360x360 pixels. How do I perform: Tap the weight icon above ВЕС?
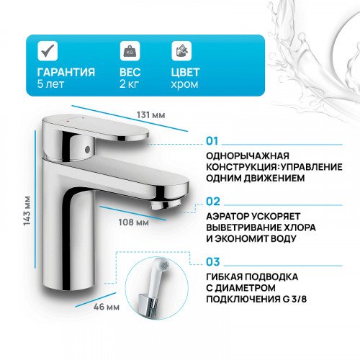click(130, 52)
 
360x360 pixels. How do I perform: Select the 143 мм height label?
click(27, 209)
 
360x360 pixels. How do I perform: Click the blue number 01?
click(212, 141)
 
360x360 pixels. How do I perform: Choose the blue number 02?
click(212, 202)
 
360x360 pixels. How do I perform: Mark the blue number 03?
click(212, 264)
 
